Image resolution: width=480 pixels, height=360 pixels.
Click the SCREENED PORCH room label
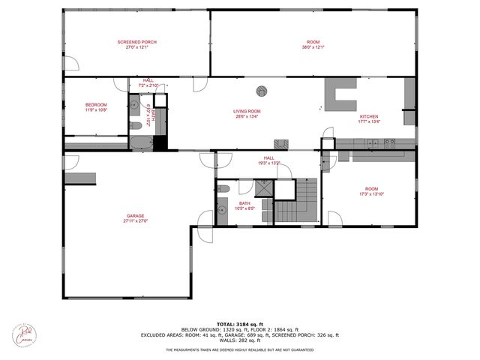point(136,42)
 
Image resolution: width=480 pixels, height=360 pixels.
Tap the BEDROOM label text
point(96,104)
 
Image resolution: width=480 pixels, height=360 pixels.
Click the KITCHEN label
point(370,116)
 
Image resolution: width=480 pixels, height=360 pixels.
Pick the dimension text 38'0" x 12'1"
point(313,47)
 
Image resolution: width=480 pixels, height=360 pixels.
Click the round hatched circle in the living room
point(262,91)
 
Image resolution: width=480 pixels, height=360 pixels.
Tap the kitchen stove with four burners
point(389,142)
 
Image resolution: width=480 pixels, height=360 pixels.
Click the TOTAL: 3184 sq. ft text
point(239,323)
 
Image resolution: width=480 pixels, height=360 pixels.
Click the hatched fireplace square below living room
point(280,143)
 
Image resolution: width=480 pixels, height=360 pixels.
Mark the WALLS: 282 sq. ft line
point(239,341)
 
